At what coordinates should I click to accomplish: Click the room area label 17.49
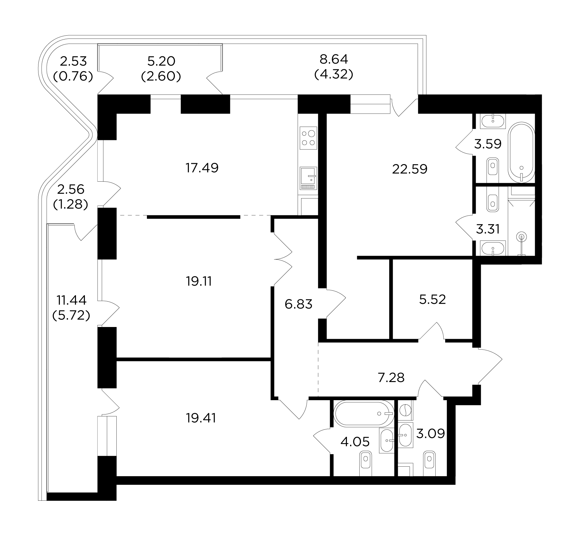[x=202, y=168]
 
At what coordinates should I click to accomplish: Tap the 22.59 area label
[x=410, y=169]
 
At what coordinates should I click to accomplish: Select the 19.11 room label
[x=199, y=281]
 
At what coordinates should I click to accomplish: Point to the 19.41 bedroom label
[x=201, y=418]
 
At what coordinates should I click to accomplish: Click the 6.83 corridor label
[x=299, y=304]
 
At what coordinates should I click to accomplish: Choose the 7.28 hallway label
[x=391, y=378]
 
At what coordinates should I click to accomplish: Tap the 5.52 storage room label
[x=432, y=299]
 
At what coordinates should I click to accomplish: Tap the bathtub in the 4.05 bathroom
[x=363, y=414]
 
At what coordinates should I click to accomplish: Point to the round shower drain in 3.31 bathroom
[x=521, y=237]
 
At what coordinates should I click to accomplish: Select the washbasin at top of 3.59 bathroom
[x=493, y=121]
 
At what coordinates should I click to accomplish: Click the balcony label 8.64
[x=334, y=59]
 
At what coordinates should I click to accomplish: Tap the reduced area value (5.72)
[x=71, y=315]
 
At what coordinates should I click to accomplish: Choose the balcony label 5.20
[x=161, y=60]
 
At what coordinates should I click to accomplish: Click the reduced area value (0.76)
[x=73, y=76]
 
